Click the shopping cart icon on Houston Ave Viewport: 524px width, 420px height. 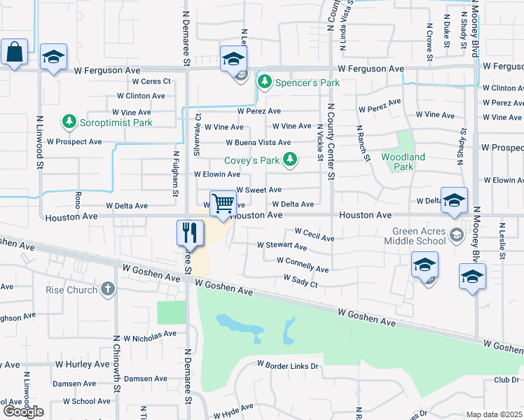point(223,204)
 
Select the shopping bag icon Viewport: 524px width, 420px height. point(14,51)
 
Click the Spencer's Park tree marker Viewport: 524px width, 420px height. point(265,83)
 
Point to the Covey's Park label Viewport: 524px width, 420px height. point(251,160)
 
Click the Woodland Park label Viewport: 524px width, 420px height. point(403,162)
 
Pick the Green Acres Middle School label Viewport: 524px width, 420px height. point(418,236)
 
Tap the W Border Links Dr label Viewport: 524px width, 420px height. point(287,365)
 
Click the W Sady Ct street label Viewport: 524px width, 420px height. point(301,281)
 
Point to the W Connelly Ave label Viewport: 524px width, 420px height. point(303,265)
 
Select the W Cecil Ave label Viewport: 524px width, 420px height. point(315,234)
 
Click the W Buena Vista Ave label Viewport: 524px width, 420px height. point(258,142)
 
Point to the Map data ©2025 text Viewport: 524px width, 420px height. point(494,414)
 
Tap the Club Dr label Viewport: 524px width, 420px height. point(506,379)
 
